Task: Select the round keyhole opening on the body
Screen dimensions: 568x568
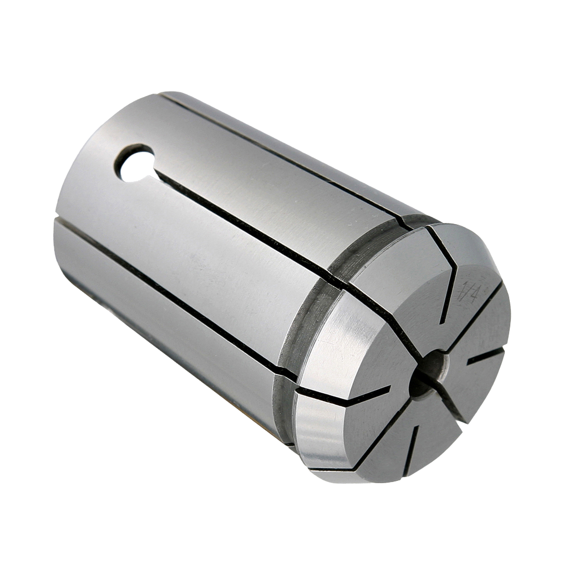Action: tap(134, 163)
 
